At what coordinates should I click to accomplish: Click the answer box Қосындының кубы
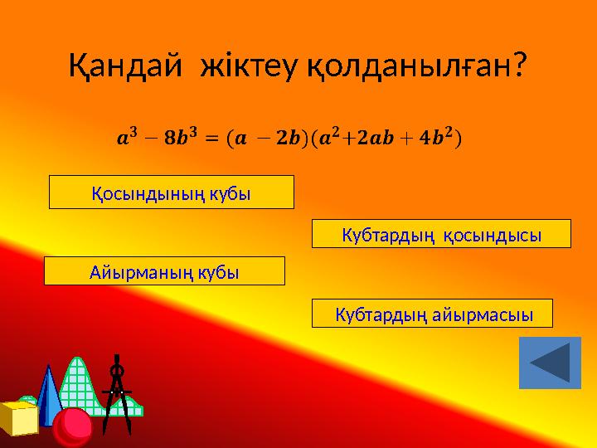point(172,192)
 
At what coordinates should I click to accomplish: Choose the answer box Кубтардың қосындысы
point(441,235)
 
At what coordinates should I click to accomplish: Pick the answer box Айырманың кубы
point(163,271)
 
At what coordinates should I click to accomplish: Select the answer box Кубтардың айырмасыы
point(431,314)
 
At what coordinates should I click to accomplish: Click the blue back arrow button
point(550,363)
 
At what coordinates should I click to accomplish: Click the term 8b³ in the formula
point(179,136)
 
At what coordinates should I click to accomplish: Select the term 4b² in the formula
point(434,136)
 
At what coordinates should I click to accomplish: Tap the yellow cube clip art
point(18,417)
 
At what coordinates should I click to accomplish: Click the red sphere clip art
point(73,426)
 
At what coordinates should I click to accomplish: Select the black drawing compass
point(118,394)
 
